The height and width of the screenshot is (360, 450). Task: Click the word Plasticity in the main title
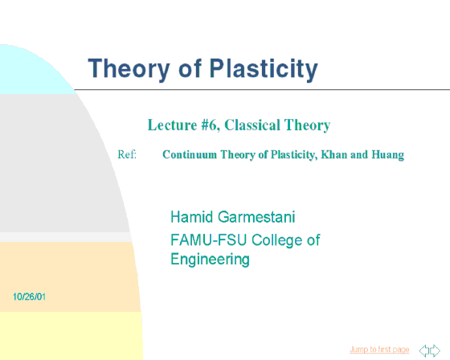click(x=264, y=69)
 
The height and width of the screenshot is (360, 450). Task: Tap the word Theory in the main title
click(x=129, y=69)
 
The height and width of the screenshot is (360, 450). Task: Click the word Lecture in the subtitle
click(x=172, y=125)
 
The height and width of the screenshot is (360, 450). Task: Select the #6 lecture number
click(x=210, y=125)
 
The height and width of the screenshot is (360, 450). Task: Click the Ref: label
click(x=127, y=154)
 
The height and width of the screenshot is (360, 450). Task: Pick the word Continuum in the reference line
click(x=190, y=155)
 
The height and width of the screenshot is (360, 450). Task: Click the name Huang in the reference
click(x=387, y=155)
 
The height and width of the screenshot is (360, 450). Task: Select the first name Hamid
click(x=192, y=217)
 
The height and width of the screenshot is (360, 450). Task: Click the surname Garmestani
click(x=256, y=217)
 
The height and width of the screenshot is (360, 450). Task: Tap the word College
click(x=277, y=240)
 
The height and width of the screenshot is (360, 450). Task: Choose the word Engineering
click(x=210, y=260)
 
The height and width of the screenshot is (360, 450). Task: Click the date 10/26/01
click(x=29, y=297)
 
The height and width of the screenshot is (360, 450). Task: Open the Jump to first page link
click(x=379, y=350)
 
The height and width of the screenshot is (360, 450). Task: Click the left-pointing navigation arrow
click(x=424, y=350)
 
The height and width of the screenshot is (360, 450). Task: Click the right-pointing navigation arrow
click(x=435, y=350)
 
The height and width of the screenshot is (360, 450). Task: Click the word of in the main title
click(x=190, y=69)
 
